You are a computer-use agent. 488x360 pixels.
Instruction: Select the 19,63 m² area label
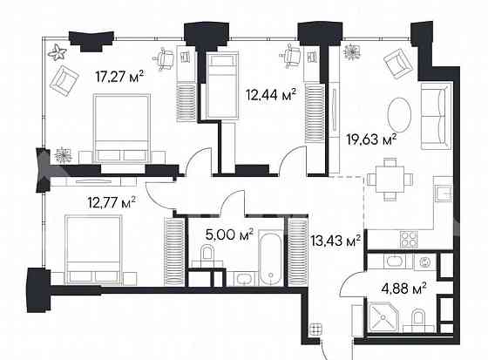[x=371, y=137]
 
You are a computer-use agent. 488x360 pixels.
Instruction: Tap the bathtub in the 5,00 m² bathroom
[x=272, y=256]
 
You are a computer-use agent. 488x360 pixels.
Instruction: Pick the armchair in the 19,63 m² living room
[x=397, y=62]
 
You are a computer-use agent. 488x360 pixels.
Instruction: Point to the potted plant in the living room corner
[x=352, y=51]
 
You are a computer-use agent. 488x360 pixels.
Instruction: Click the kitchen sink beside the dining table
[x=443, y=194]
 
